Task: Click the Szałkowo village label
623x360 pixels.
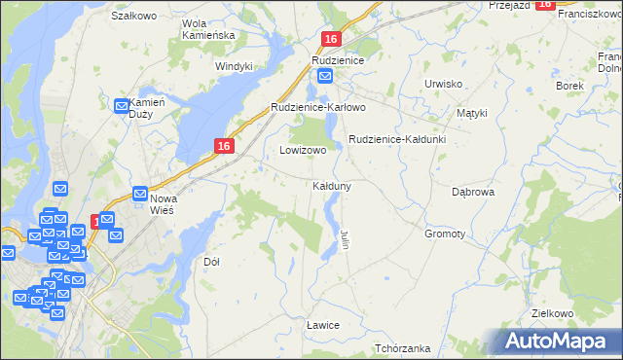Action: pos(134,17)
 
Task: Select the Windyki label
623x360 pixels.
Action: pos(234,66)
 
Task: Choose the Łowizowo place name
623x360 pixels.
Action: pos(303,151)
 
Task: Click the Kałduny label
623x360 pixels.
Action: pos(332,185)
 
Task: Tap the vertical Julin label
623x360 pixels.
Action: pos(345,238)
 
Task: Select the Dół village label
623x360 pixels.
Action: pos(211,262)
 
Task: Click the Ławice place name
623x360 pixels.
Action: pos(322,324)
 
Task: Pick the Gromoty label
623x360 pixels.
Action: pos(445,234)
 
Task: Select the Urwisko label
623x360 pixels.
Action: pos(443,84)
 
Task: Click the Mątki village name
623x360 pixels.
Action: pos(472,113)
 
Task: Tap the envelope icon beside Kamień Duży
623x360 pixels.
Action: pos(123,106)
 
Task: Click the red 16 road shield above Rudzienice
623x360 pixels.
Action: pos(331,39)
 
